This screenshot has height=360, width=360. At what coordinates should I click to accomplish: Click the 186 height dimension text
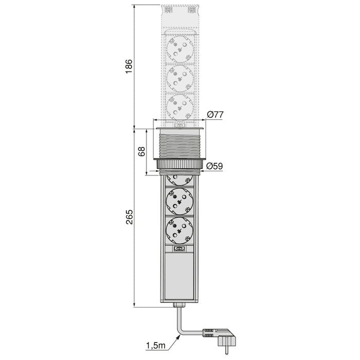coord(129,66)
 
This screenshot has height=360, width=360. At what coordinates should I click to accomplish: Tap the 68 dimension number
coord(142,151)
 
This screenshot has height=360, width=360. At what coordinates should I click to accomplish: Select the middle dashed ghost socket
coord(179,79)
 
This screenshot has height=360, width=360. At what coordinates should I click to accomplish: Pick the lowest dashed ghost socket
coord(179,106)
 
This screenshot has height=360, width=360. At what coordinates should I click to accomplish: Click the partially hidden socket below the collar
coord(179,179)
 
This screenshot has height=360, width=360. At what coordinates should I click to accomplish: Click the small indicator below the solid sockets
coord(179,249)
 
